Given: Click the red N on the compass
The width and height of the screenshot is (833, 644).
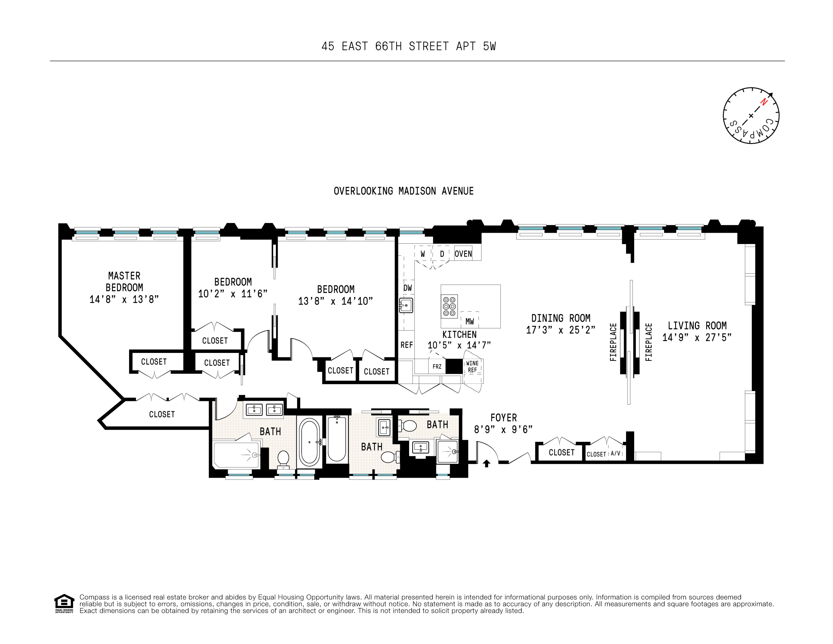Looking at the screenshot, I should point(764,102).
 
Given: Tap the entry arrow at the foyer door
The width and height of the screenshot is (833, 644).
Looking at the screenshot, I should point(486,463).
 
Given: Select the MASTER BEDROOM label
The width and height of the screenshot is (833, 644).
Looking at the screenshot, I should point(124,281).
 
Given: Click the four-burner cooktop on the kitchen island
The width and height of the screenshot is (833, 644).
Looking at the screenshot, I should point(449,306).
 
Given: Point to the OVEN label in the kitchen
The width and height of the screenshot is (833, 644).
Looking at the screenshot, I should point(463,254).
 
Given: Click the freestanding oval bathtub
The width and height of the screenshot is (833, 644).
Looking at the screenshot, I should point(309,442).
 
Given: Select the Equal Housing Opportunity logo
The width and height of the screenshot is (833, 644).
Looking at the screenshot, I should point(64,603).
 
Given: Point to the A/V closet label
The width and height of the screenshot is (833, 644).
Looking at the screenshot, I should point(615,454).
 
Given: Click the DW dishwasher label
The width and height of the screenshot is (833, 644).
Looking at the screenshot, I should point(407,288).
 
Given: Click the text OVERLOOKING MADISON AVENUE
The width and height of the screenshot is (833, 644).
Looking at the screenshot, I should point(404,191).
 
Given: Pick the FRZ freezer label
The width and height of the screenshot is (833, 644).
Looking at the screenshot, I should point(437,366).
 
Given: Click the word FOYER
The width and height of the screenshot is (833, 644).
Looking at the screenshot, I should point(503,418).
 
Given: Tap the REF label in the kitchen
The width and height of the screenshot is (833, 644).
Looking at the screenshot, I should point(407,345).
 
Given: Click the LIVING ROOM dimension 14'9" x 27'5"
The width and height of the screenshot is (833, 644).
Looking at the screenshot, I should point(697,337).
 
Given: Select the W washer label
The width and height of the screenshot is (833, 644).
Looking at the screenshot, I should point(423,254).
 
